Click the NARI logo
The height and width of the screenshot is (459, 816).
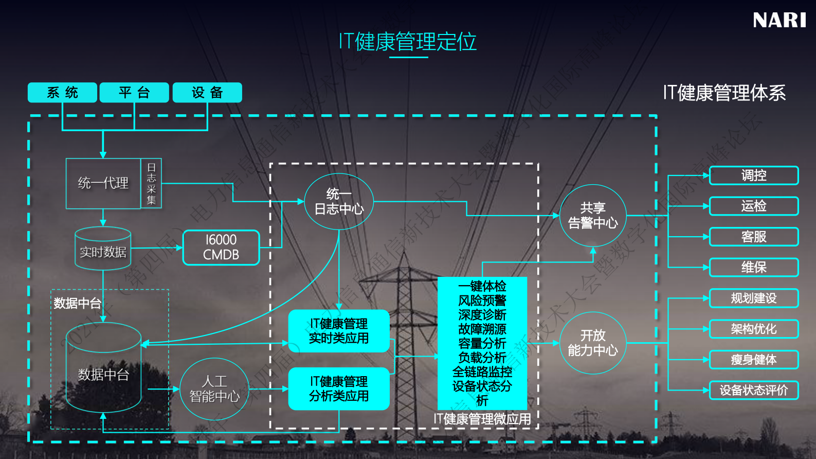tap(779, 21)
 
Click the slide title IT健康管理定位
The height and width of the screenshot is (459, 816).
tap(408, 42)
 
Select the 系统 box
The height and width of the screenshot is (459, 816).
tap(62, 93)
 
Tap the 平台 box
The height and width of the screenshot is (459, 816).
tap(134, 93)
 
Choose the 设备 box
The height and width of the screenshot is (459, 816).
tap(207, 93)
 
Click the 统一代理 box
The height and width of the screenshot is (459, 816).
tap(103, 183)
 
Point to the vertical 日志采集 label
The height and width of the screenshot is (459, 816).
tap(151, 184)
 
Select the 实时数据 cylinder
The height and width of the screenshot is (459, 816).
tap(103, 249)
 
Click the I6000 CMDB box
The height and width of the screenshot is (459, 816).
tap(221, 248)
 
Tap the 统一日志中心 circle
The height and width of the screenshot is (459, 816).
tap(339, 202)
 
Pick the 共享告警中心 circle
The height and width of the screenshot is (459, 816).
tap(593, 216)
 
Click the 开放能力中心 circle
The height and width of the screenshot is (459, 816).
tap(593, 343)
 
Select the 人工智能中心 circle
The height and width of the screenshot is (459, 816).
tap(214, 389)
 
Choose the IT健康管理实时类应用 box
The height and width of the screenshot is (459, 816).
tap(339, 331)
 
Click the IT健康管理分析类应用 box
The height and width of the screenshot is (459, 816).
tap(339, 389)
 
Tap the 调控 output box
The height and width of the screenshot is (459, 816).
tap(754, 175)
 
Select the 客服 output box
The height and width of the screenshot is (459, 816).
tap(754, 237)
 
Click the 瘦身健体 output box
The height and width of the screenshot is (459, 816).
tap(754, 360)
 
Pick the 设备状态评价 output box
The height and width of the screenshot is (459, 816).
tap(754, 390)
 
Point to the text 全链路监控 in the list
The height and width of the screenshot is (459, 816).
tap(482, 372)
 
